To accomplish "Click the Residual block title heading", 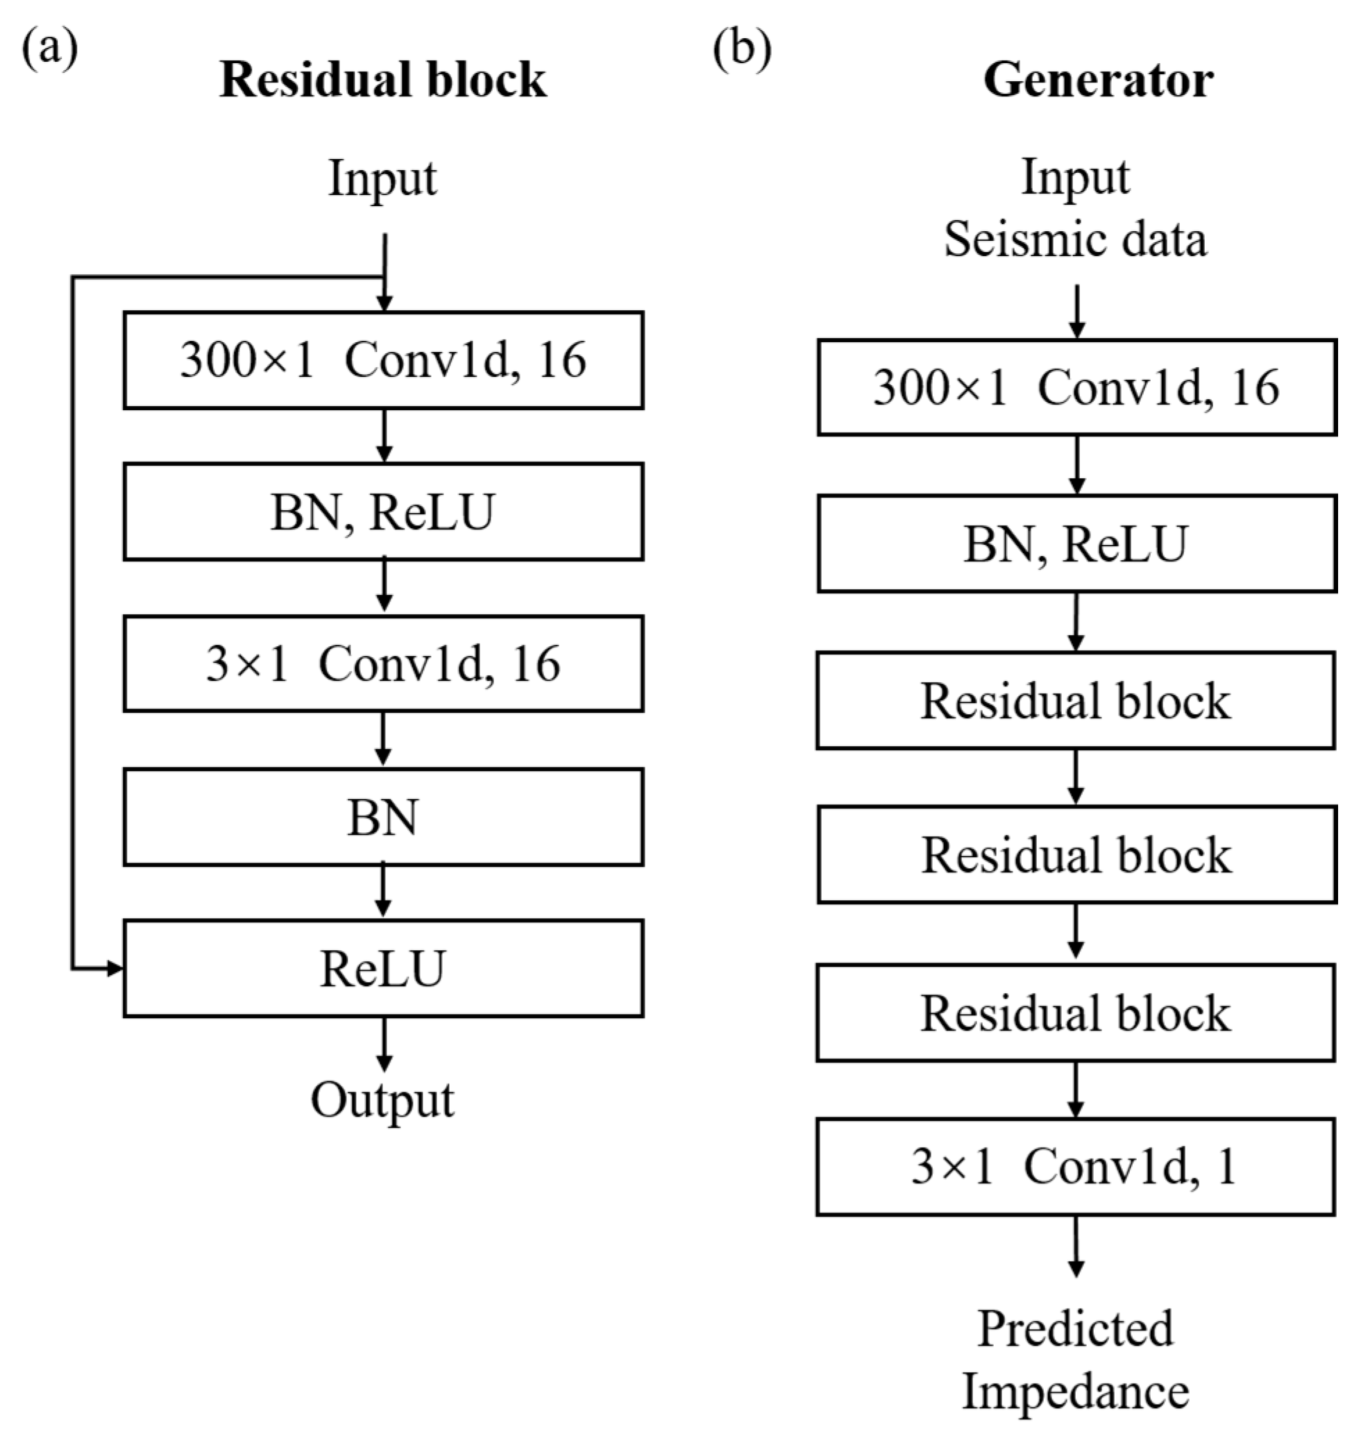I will (x=382, y=79).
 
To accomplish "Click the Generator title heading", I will (x=1098, y=79).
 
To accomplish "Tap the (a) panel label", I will (x=49, y=50).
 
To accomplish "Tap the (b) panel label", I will (x=741, y=50).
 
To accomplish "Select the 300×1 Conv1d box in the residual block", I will (x=383, y=361).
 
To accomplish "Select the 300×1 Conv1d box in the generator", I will (x=1076, y=387).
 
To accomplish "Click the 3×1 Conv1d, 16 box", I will (x=383, y=664).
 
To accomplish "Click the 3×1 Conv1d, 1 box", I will (x=1075, y=1167).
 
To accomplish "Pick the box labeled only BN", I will (x=383, y=817).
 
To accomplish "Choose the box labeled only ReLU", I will (x=383, y=968).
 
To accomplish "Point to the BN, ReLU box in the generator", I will (x=1076, y=544).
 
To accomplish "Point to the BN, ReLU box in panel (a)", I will (x=383, y=512).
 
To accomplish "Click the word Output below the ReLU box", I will (x=382, y=1100).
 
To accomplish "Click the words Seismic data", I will (x=1075, y=239).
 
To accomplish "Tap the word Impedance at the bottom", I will (x=1075, y=1392).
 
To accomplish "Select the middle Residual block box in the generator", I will (x=1076, y=855).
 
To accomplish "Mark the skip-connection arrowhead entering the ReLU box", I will (x=115, y=968).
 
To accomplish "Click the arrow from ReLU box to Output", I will (x=384, y=1045).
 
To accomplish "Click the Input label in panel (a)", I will (x=382, y=178).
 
